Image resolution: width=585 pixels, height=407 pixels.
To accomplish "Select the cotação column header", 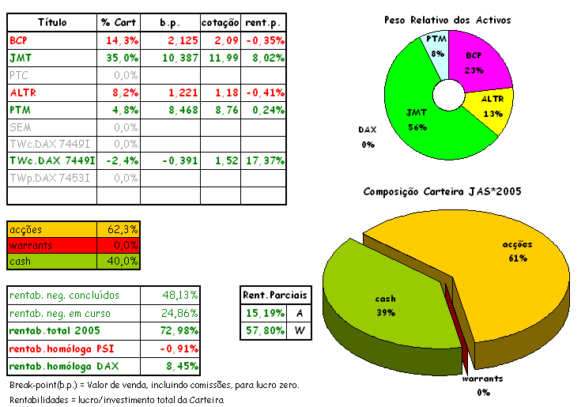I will point(221,22).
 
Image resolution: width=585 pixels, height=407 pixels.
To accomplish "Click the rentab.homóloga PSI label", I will point(63,348).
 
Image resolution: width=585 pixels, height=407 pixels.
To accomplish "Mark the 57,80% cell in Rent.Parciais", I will point(265,330).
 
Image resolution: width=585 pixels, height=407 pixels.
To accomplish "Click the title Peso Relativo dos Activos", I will point(447,20).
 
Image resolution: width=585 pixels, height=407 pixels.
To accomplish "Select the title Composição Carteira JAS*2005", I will point(442,192).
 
